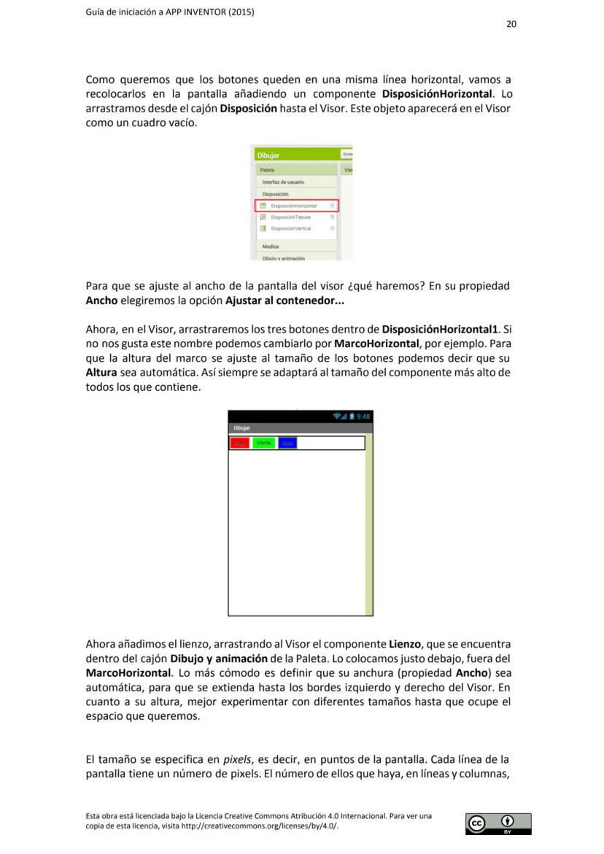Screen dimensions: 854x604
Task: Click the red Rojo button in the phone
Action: tap(239, 443)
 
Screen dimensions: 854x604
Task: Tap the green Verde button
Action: tap(264, 443)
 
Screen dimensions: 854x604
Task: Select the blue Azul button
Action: tap(288, 443)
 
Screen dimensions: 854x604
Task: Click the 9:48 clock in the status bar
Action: tap(363, 416)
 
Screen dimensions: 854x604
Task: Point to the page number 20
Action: tap(511, 24)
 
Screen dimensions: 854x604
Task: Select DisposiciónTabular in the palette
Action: tap(291, 217)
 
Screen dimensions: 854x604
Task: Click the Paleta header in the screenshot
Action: tap(268, 170)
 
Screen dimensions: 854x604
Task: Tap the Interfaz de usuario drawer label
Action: tap(283, 182)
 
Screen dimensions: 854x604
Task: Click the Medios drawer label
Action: tap(271, 247)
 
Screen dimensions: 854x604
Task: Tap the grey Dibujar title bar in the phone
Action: tap(241, 428)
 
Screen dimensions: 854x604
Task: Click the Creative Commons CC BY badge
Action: tap(498, 823)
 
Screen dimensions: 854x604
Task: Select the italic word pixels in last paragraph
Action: tap(237, 759)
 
